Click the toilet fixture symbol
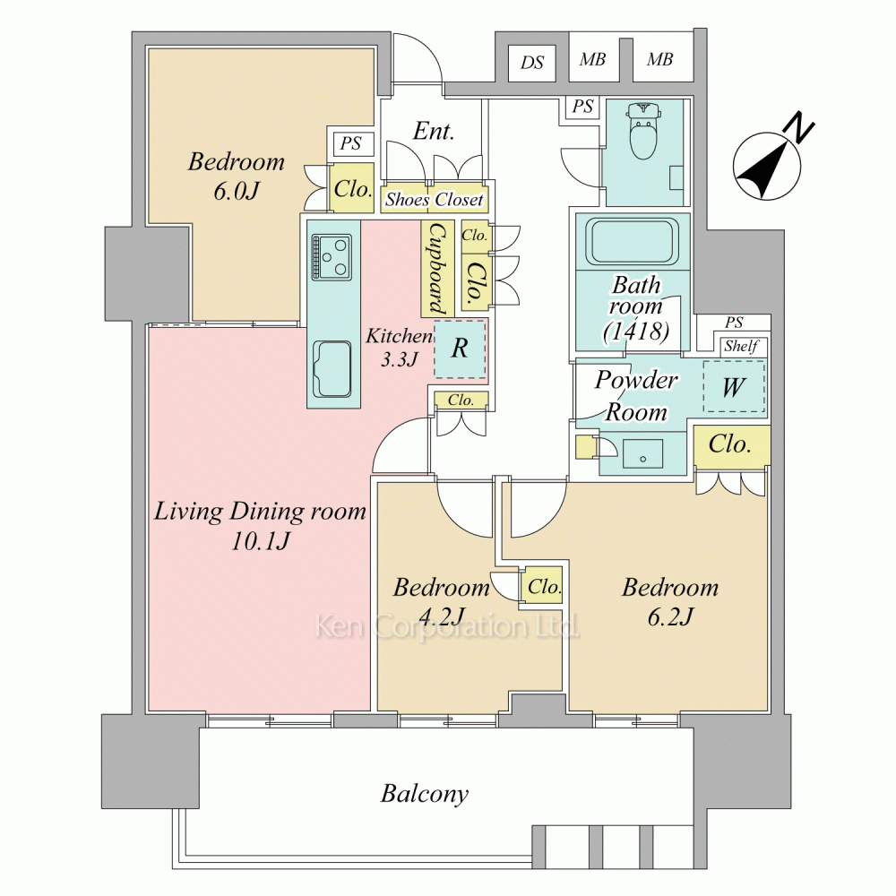coord(643,130)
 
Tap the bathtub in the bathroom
coord(632,242)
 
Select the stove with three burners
coord(331,256)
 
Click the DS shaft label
coord(532,63)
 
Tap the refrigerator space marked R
coord(460,349)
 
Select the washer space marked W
coord(734,387)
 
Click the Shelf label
coord(741,346)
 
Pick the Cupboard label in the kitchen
coord(438,269)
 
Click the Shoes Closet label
coord(435,200)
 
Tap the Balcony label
coord(425,794)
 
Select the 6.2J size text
coord(670,616)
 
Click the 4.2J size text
coord(441,616)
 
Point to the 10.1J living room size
coord(261,540)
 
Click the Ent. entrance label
coord(434,132)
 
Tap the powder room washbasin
coord(642,454)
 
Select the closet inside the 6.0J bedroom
coord(352,187)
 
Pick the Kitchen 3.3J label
coord(399,347)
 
